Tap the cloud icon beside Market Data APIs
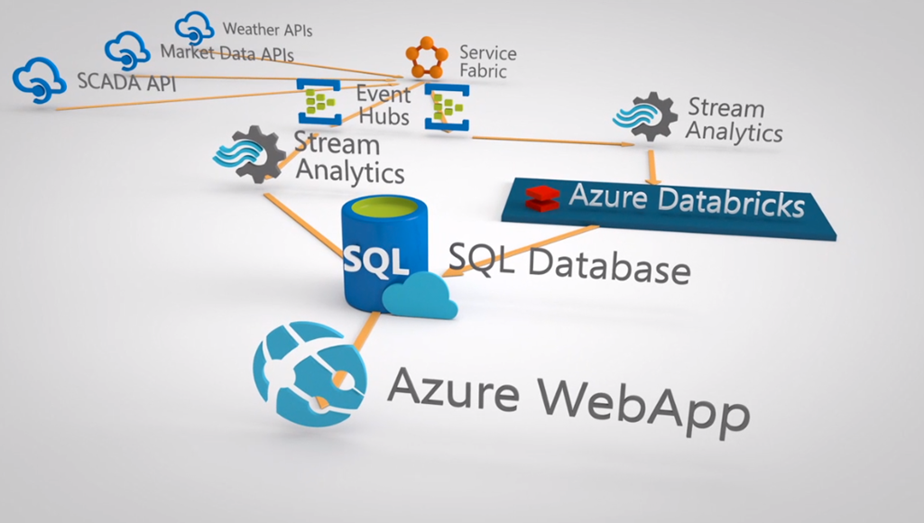point(127,50)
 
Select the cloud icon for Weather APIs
point(194,27)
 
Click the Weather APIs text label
point(267,31)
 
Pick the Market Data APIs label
point(226,53)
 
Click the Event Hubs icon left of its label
point(319,101)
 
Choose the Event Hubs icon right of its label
point(447,107)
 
